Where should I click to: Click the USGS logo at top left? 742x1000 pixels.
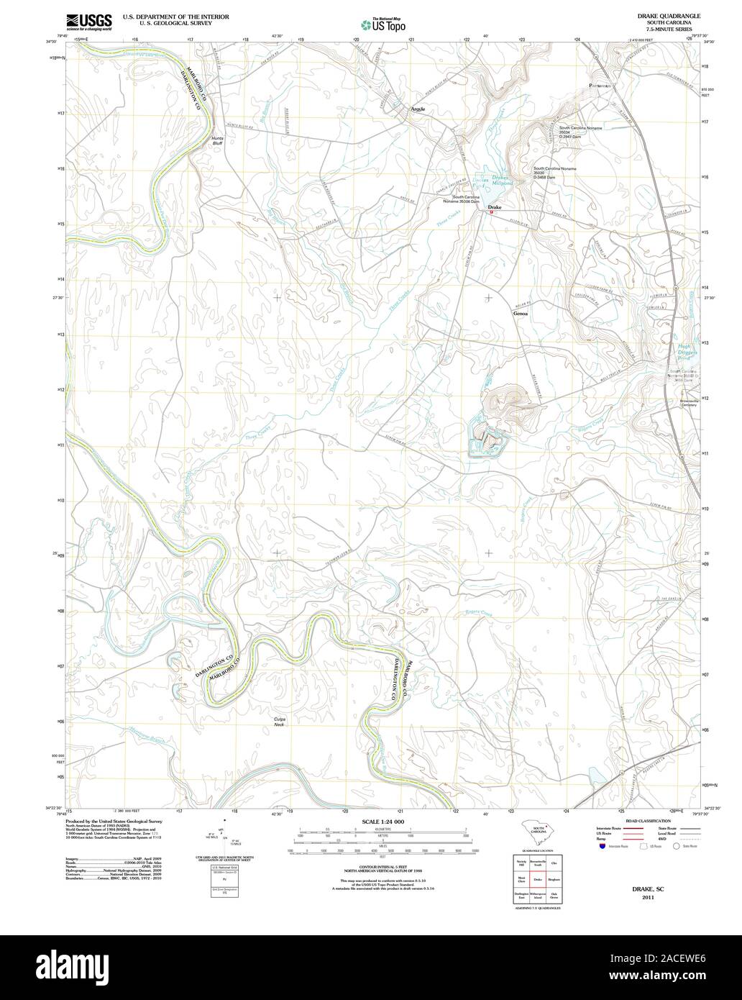(x=88, y=22)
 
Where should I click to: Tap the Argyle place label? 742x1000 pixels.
(x=418, y=109)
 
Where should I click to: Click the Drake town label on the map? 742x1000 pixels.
(x=495, y=207)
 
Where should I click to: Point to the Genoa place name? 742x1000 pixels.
(x=521, y=314)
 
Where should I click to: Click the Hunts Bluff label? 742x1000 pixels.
(x=218, y=140)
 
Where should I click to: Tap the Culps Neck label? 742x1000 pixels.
(x=280, y=722)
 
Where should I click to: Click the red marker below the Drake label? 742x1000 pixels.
(x=492, y=212)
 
